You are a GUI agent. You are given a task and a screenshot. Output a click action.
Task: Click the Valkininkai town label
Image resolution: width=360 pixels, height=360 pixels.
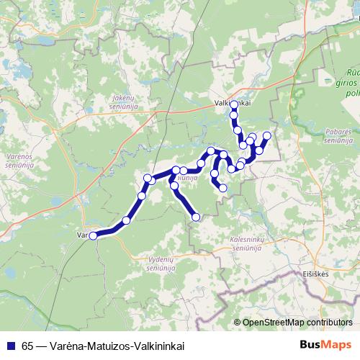point(232,103)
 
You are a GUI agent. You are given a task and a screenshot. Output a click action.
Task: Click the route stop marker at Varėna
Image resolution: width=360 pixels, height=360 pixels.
point(93,235)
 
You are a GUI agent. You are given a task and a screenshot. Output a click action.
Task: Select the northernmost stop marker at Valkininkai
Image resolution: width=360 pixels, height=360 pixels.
point(234,105)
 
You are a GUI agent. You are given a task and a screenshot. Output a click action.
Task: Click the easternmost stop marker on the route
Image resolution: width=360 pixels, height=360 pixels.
point(267,135)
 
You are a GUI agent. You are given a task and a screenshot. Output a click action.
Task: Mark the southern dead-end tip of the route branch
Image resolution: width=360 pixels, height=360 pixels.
point(197,216)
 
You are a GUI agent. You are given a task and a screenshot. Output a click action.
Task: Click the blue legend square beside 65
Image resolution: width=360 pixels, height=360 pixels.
point(9,346)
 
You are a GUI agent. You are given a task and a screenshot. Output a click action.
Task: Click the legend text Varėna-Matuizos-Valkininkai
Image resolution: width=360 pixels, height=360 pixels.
point(115,346)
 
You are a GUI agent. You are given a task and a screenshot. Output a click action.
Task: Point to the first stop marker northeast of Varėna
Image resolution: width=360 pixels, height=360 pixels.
point(127,220)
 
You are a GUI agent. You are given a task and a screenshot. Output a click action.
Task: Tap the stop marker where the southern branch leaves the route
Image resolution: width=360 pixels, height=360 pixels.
point(176,171)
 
